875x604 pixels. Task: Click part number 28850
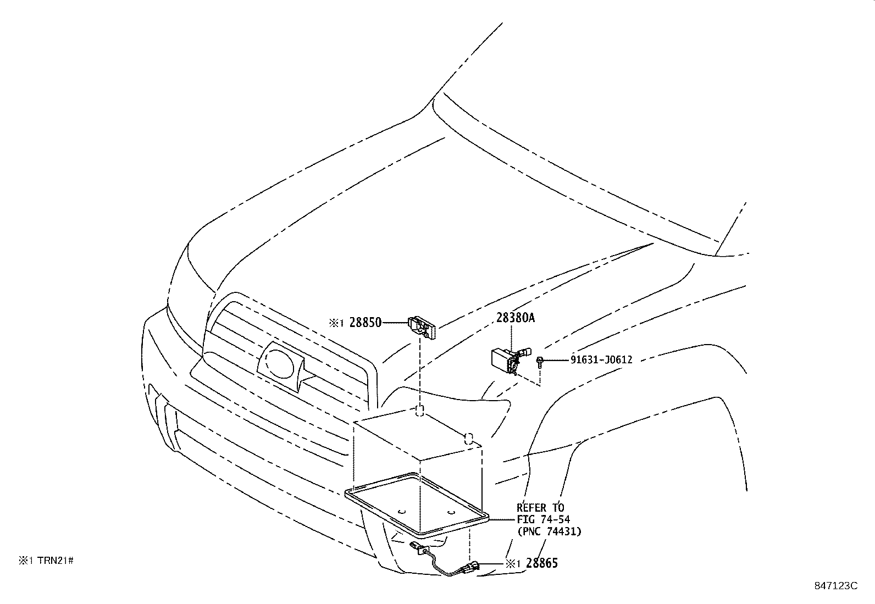point(365,323)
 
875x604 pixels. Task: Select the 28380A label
point(515,318)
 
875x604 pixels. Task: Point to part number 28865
point(541,563)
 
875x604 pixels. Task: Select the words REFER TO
point(540,507)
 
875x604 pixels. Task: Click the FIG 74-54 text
point(543,519)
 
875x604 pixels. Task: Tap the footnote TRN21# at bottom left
point(55,561)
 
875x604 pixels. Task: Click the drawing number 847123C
point(835,586)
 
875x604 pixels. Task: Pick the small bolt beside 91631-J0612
point(540,361)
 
